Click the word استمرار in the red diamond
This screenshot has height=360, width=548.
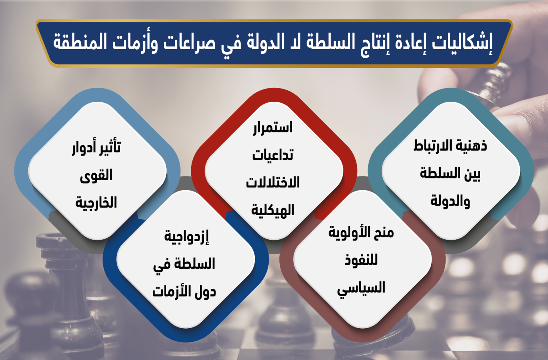pyautogui.click(x=273, y=128)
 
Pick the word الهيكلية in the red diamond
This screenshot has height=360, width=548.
pyautogui.click(x=273, y=210)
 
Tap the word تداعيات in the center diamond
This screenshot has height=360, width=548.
pyautogui.click(x=273, y=156)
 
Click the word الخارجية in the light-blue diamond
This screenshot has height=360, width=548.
pyautogui.click(x=96, y=203)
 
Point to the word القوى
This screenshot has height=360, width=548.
pyautogui.click(x=96, y=175)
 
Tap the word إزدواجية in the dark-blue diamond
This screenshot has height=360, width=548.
pyautogui.click(x=187, y=237)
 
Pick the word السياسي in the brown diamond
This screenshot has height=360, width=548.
pyautogui.click(x=361, y=288)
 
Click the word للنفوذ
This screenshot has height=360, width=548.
pyautogui.click(x=361, y=259)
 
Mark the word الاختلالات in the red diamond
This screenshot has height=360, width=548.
pyautogui.click(x=273, y=183)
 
